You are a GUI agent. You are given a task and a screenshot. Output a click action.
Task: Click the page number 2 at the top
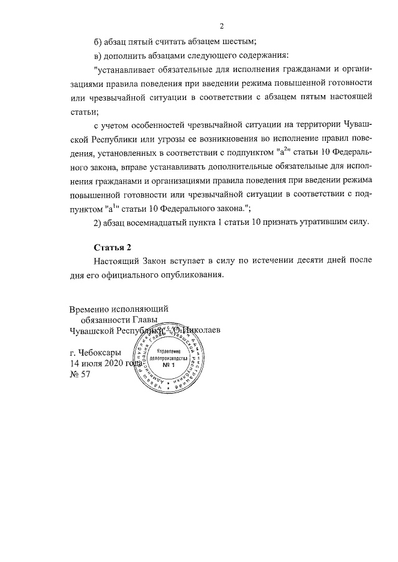pyautogui.click(x=221, y=26)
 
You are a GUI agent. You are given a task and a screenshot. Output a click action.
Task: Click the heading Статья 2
pyautogui.click(x=113, y=247)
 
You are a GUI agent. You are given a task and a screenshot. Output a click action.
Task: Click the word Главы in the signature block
pyautogui.click(x=136, y=319)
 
